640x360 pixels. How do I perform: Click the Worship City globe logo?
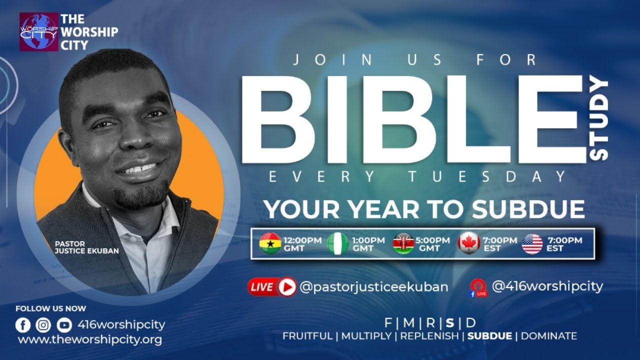38,32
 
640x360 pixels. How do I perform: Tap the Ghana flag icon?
270,244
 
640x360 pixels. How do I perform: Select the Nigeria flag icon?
338,244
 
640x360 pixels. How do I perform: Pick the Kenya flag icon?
403,244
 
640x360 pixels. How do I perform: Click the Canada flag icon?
469,244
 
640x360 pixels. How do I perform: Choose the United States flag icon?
532,244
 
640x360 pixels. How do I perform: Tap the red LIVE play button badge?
272,287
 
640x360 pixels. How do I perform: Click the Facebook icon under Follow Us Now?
23,325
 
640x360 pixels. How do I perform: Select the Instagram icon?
43,325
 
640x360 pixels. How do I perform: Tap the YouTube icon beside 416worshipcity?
64,325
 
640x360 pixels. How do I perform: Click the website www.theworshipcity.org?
90,340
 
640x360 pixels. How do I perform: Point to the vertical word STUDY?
598,120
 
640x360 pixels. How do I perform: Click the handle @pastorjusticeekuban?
373,287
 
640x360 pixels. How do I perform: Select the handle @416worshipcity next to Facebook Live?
547,286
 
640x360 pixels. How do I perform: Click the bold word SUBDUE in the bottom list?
489,336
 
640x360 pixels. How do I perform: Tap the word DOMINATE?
549,336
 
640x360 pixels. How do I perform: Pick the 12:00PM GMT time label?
302,244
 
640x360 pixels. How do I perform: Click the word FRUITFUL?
307,336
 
